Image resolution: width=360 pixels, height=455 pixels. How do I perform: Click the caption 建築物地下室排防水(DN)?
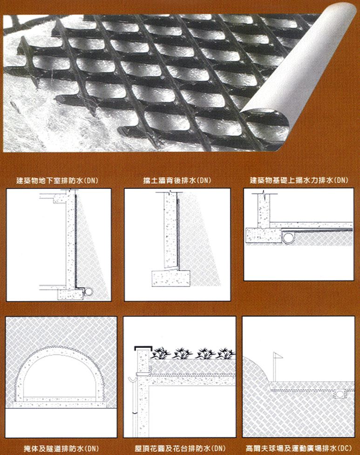(57, 181)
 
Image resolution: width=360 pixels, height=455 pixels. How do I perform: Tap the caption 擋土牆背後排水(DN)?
(177, 181)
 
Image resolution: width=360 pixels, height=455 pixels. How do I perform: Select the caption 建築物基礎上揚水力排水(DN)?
(299, 180)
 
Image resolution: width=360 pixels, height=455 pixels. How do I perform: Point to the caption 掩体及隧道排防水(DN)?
(61, 448)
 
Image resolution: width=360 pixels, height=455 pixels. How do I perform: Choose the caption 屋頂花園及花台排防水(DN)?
(180, 448)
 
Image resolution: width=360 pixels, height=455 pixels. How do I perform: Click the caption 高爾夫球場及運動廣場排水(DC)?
(299, 448)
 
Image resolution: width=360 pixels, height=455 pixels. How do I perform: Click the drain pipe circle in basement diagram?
(88, 292)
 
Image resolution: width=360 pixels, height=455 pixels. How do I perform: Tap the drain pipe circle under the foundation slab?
(289, 238)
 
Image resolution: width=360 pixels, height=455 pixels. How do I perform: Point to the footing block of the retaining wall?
(171, 278)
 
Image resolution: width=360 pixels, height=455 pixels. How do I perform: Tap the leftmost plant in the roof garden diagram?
(161, 353)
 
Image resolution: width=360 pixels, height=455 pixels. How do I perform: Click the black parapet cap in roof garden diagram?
(143, 348)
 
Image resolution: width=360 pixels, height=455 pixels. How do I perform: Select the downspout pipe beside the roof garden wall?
(134, 406)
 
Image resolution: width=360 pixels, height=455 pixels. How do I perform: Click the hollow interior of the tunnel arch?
(60, 375)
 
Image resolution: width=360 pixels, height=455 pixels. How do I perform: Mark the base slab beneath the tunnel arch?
(61, 404)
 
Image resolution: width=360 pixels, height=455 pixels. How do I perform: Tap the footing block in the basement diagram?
(70, 294)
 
